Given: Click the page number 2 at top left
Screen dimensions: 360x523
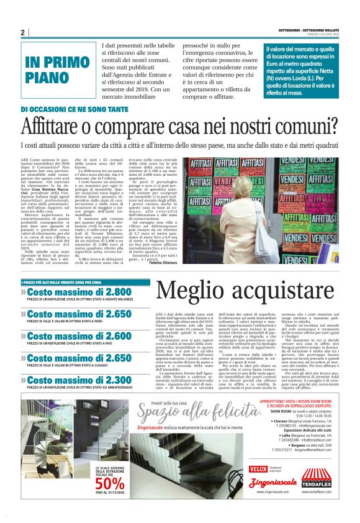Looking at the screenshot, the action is pyautogui.click(x=22, y=32).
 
